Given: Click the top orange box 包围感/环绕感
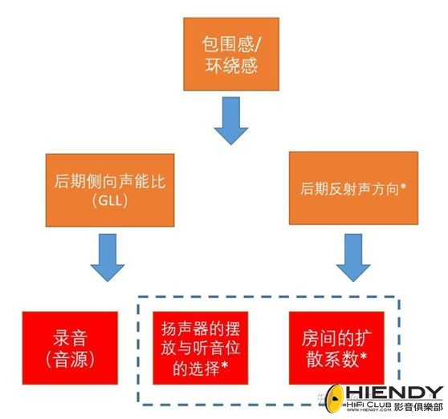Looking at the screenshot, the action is tap(231, 54).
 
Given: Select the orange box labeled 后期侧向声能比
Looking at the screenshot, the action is tap(110, 190).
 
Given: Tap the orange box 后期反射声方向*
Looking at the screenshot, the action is tap(353, 188).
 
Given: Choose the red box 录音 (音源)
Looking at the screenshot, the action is tap(70, 348).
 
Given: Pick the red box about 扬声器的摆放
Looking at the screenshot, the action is tap(200, 348).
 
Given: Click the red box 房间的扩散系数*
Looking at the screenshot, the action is tap(336, 348).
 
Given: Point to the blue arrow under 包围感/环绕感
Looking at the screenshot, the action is tap(231, 120).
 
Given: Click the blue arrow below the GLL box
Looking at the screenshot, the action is tap(108, 258).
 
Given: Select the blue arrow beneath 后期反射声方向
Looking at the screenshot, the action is tap(353, 258).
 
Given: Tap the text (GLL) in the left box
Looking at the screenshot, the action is tap(110, 200).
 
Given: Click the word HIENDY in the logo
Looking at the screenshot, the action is tap(394, 393).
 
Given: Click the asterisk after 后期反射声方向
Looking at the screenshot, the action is tap(403, 187).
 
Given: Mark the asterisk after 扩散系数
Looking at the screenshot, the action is tap(364, 356).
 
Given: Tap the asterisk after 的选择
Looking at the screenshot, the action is tap(225, 365).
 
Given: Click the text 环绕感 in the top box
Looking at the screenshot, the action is tap(231, 66).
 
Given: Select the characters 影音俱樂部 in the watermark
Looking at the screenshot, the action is tap(418, 407).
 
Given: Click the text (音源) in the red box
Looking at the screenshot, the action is tap(70, 359).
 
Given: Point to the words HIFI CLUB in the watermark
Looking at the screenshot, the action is tap(369, 404).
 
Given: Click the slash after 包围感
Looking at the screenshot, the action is tap(256, 45).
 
